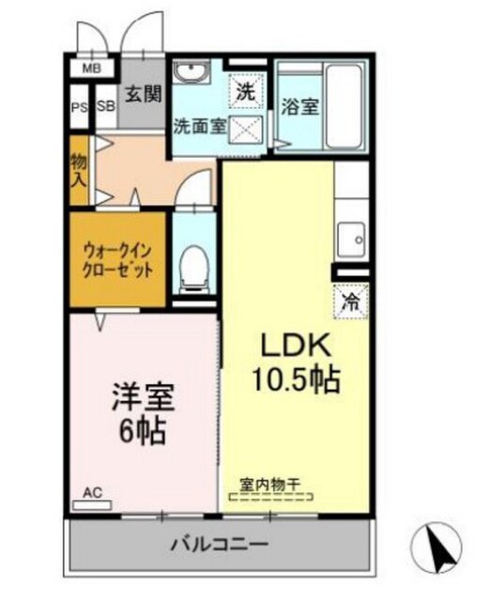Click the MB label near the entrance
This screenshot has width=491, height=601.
(x=91, y=69)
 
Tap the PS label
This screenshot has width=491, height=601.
(x=78, y=106)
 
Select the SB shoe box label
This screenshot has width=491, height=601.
(x=104, y=106)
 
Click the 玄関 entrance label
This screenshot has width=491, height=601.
(x=145, y=94)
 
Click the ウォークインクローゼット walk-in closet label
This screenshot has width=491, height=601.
(x=119, y=259)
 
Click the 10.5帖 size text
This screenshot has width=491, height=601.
(x=294, y=380)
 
